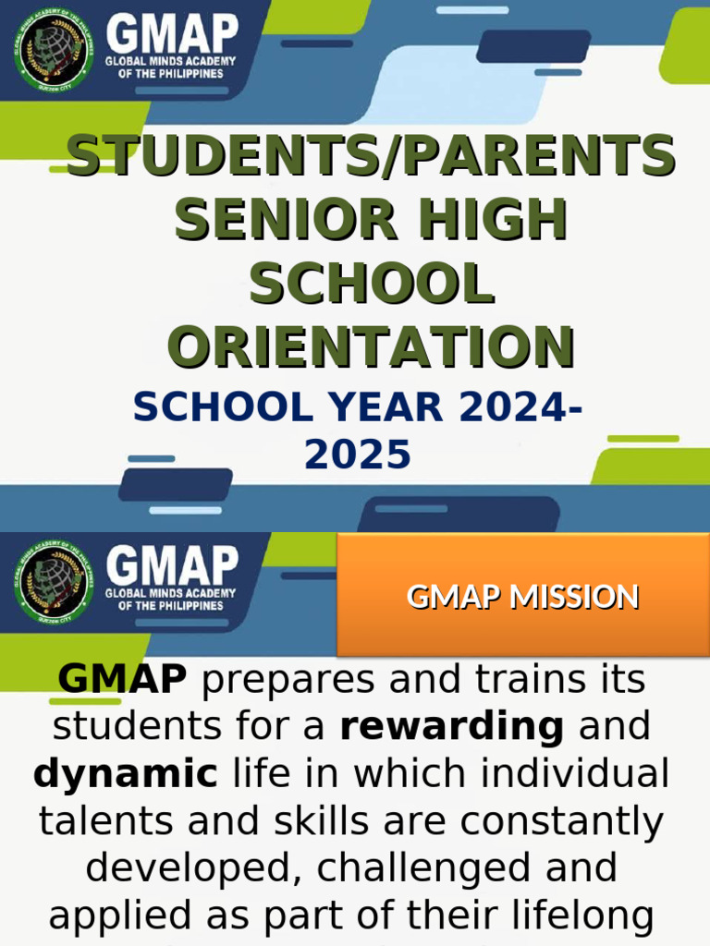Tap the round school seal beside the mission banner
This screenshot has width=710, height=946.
[54, 579]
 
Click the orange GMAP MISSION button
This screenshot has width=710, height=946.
[522, 597]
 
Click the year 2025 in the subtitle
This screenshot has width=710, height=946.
[358, 454]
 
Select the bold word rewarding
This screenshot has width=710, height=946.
[452, 727]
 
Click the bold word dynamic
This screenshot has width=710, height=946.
[126, 773]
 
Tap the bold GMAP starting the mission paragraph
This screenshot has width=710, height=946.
[122, 680]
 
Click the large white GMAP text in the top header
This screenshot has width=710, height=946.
[172, 33]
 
